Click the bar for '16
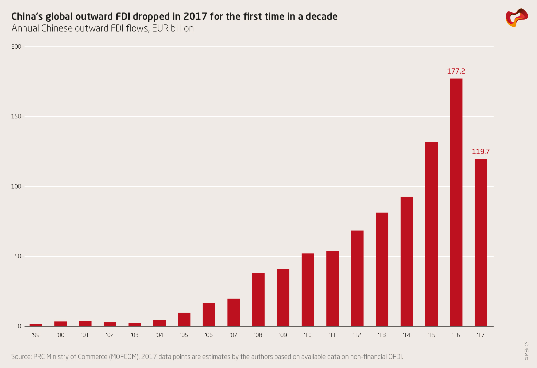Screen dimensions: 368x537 pos(456,202)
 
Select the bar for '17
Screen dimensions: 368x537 pos(481,243)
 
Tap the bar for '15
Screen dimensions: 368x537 pos(431,234)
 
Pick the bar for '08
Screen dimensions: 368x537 pos(258,299)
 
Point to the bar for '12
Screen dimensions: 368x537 pos(357,278)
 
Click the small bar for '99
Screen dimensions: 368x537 pos(36,325)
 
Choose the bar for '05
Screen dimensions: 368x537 pos(184,319)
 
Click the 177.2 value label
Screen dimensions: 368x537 pos(456,71)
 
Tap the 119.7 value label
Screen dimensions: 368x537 pos(481,152)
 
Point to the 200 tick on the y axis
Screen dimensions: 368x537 pos(16,47)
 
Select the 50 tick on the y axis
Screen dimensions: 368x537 pos(18,256)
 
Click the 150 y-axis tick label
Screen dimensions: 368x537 pos(16,117)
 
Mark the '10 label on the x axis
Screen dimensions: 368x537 pos(308,335)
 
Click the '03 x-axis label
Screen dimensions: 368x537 pos(135,335)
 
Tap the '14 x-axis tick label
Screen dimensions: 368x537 pos(407,335)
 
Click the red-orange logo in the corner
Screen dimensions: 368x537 pos(517,18)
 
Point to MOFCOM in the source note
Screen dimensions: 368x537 pos(124,357)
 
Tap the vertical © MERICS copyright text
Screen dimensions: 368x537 pos(527,351)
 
